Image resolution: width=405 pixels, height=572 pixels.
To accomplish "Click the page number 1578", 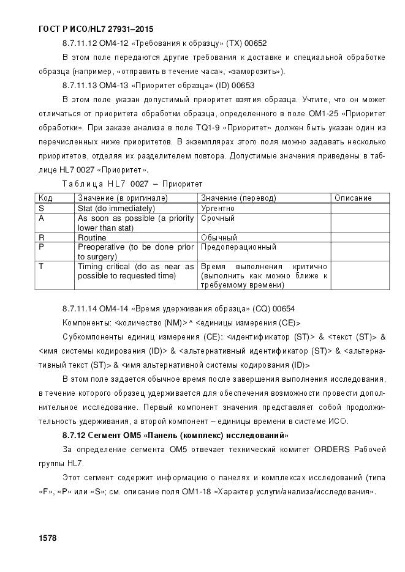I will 47,538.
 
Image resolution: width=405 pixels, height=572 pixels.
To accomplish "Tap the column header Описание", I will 354,198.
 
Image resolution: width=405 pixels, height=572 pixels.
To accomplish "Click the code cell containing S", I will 41,208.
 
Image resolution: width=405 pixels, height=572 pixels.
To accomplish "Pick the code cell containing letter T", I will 41,267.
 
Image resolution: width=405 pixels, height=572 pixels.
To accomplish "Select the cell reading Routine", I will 92,237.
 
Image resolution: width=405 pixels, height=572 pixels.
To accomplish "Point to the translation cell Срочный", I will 218,218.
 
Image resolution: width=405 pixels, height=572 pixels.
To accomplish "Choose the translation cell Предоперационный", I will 238,247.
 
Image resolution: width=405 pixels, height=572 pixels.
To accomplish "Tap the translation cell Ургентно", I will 218,208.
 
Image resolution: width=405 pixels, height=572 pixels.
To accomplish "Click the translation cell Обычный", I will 219,237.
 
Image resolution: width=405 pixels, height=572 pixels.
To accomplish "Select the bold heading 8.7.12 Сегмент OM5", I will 175,436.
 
